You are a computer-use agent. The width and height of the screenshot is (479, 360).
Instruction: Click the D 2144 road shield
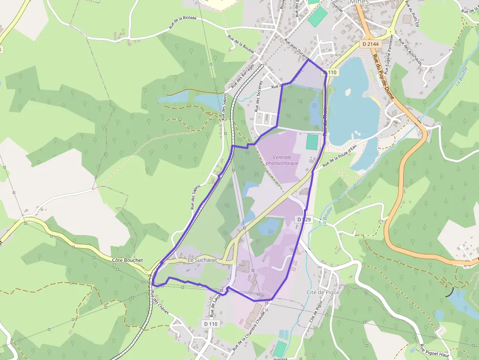[370, 44]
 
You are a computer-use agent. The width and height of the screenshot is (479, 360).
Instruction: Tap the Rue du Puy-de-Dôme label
[384, 78]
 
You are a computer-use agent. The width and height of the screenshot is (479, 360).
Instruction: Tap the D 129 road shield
[305, 220]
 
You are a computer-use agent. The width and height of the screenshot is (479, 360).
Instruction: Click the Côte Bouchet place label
[127, 260]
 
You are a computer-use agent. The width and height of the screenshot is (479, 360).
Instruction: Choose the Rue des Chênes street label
[160, 303]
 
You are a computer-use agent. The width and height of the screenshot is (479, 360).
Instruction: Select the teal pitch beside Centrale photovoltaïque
[311, 142]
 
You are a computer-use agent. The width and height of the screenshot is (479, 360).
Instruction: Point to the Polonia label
[281, 358]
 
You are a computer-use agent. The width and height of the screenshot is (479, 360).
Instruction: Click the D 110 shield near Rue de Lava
[211, 323]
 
